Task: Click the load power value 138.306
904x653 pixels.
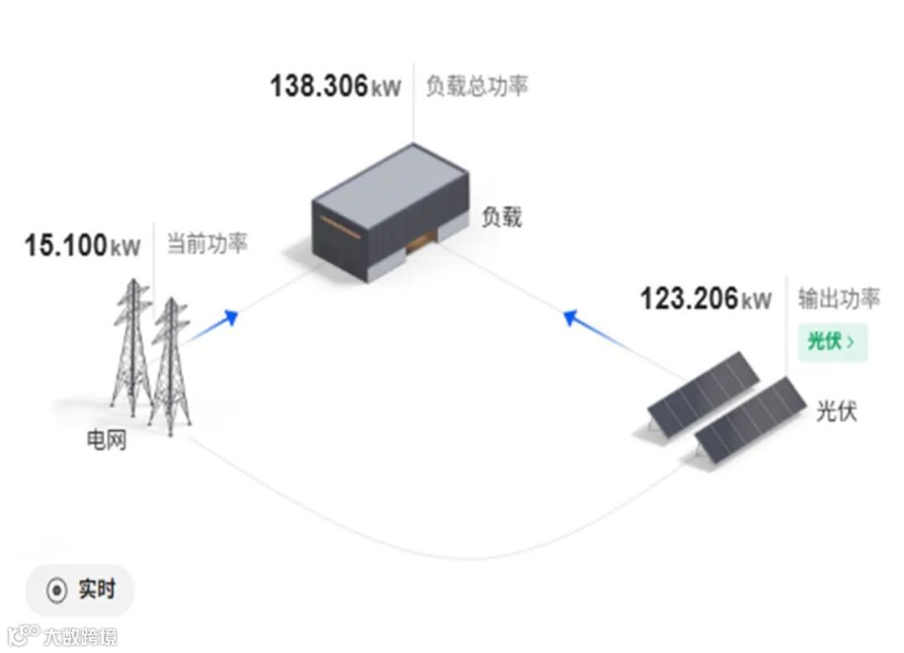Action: [x=319, y=86]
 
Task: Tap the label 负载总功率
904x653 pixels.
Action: [x=476, y=86]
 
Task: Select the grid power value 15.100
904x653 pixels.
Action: [x=66, y=245]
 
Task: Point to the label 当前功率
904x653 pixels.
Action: [x=207, y=244]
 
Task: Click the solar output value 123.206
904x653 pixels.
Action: [x=689, y=299]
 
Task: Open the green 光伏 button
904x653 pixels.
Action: [x=831, y=342]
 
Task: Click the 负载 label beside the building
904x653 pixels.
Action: [x=501, y=217]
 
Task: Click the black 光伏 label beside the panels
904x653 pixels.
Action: [x=837, y=411]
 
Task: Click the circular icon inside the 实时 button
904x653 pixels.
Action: [x=56, y=591]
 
